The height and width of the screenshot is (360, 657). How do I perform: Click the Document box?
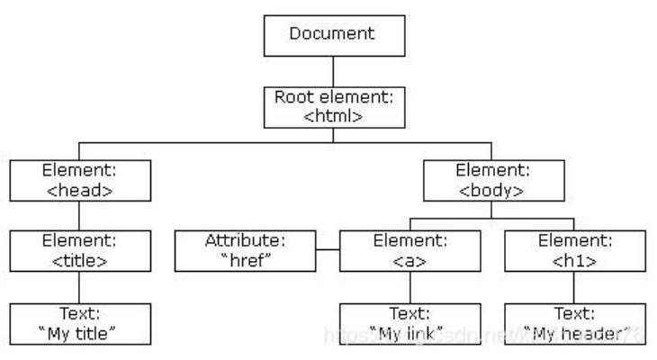pos(333,35)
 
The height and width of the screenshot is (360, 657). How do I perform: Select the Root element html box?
pos(333,106)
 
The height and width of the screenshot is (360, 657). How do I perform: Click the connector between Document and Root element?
pos(333,70)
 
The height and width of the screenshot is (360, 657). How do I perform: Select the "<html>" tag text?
pos(333,115)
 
